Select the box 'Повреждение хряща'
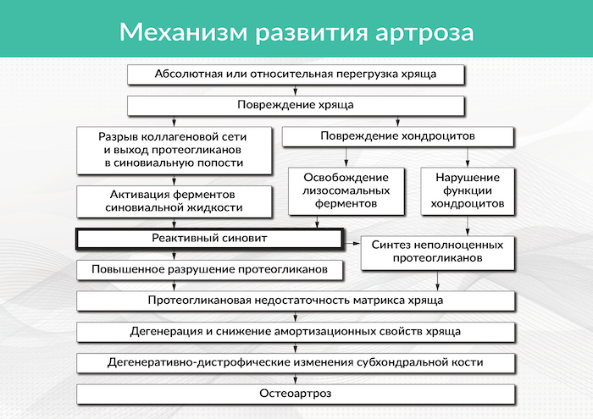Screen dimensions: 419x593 (296, 105)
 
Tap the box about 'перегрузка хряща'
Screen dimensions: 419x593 (296, 74)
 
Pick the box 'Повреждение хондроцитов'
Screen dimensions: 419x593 (397, 135)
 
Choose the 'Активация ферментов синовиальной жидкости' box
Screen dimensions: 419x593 (173, 200)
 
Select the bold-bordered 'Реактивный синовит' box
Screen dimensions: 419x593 (208, 239)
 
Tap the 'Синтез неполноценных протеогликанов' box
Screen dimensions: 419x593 (438, 251)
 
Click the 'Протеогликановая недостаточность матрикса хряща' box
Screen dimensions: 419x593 (296, 300)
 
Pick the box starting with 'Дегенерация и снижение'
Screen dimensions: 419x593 (296, 331)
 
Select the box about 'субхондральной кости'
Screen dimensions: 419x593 (296, 362)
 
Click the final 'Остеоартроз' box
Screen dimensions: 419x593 (296, 394)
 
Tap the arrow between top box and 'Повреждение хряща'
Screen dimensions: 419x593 (296, 90)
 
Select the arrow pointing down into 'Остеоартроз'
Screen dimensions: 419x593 (296, 378)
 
